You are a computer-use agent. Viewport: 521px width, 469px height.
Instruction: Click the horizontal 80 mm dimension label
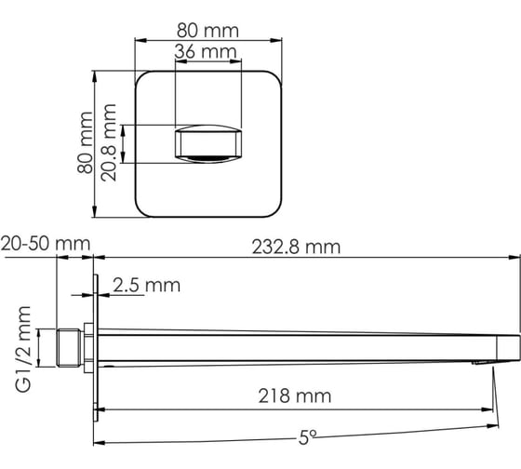point(207,31)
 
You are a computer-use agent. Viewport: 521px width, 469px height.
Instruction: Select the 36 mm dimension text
point(206,51)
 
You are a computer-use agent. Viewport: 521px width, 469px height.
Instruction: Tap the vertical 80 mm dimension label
point(85,142)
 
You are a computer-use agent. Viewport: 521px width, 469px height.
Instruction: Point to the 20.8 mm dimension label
point(109,142)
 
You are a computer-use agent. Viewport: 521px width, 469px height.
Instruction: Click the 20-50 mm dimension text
point(46,244)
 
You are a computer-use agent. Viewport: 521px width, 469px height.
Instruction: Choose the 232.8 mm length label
point(296,248)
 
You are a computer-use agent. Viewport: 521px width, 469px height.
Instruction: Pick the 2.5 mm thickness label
point(147,285)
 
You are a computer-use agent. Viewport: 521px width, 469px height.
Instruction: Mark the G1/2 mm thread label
point(23,349)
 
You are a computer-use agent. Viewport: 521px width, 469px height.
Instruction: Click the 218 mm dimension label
point(295,395)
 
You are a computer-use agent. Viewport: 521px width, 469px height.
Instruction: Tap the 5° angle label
point(307,437)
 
